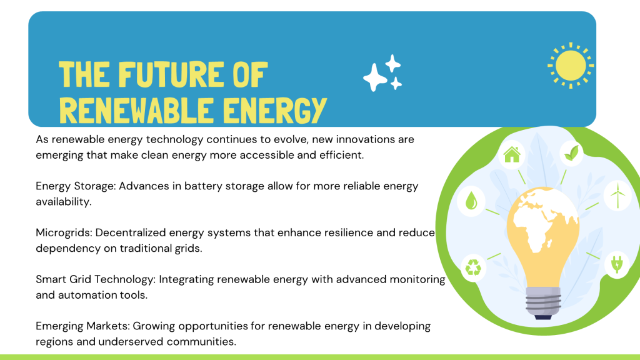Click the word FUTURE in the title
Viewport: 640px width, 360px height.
[x=171, y=74]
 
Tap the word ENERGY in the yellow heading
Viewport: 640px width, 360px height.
[x=275, y=110]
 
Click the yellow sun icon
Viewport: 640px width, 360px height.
[x=571, y=65]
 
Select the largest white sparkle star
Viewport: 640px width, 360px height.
[x=375, y=77]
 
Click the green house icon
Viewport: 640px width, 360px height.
[x=512, y=155]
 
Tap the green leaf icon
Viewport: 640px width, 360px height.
[x=571, y=153]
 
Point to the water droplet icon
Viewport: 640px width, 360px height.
[x=471, y=201]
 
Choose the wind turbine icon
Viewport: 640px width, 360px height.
[x=617, y=195]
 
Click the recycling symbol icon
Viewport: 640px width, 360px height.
[x=474, y=267]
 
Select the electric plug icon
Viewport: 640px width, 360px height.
[x=617, y=264]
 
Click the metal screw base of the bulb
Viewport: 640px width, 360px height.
[x=543, y=302]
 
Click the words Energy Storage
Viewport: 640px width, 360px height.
[x=76, y=186]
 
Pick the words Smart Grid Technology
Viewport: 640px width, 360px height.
[x=96, y=279]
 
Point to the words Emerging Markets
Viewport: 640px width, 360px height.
[x=83, y=326]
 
